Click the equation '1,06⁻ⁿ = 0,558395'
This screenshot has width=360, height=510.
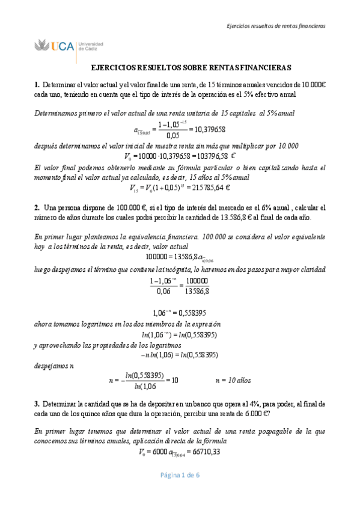pos(180,313)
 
